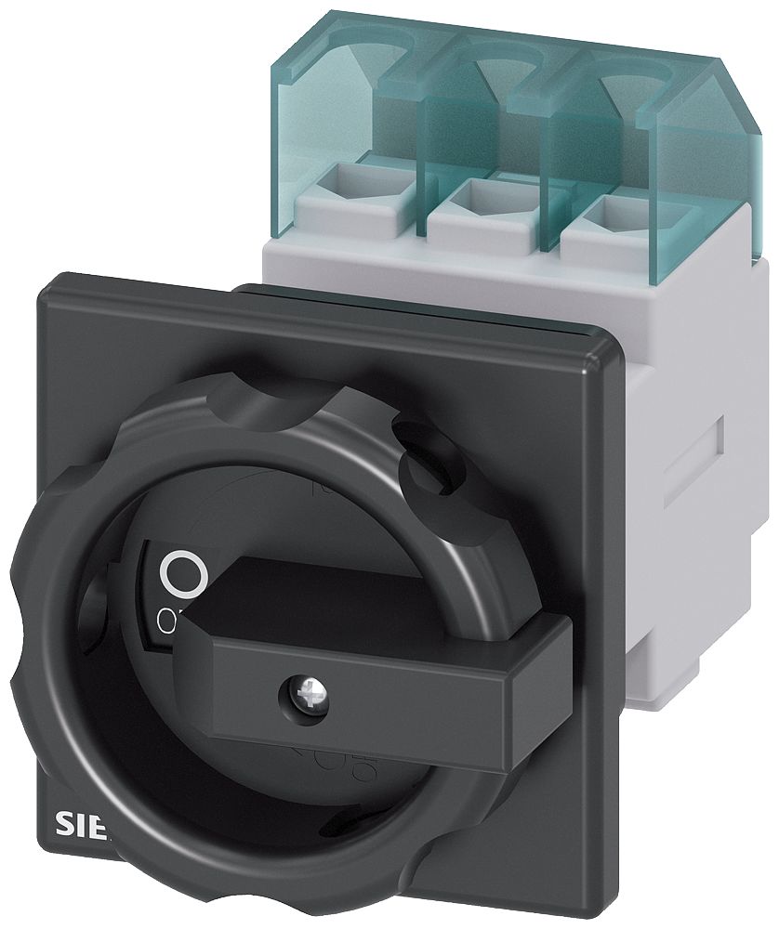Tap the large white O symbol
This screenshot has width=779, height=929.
click(181, 574)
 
